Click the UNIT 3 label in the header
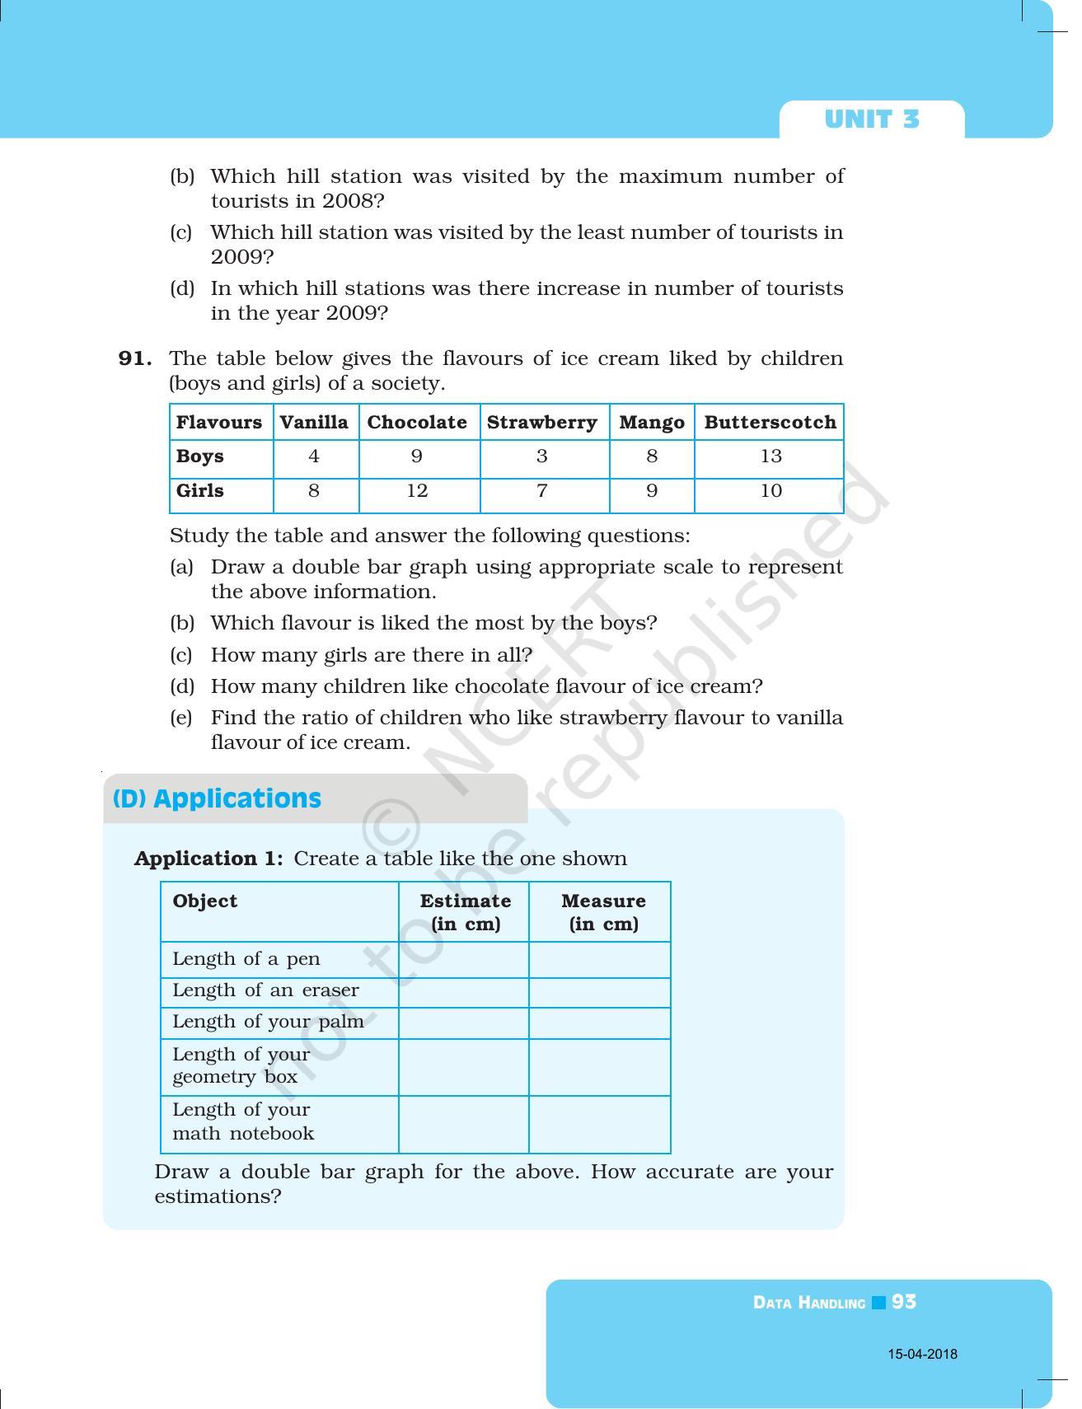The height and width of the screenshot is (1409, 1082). pos(871,119)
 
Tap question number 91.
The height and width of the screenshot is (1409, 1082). pos(135,358)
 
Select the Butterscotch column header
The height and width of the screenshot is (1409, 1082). pos(770,423)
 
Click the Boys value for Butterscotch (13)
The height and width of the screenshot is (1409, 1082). pos(771,456)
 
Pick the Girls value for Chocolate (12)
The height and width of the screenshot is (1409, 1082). pos(417,491)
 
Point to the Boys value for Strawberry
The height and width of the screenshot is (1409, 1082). pos(541,456)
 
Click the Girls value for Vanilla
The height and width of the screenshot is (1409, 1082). pos(314,491)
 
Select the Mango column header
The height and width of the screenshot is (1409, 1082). pos(651,423)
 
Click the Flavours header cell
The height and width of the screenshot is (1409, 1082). pos(219,423)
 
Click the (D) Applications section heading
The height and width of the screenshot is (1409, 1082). pos(218,798)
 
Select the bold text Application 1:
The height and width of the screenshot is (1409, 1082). pos(208,859)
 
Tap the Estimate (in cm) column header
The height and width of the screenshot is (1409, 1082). pos(465,912)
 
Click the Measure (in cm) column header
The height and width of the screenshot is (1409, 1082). pos(603,912)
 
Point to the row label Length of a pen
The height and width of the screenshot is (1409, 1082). pos(246,959)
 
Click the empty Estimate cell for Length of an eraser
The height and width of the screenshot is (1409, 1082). pos(463,992)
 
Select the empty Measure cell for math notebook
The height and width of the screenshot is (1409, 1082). pos(599,1124)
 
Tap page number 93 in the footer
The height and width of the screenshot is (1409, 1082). pos(904,1302)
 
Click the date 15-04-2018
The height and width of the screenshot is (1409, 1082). pos(922,1354)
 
